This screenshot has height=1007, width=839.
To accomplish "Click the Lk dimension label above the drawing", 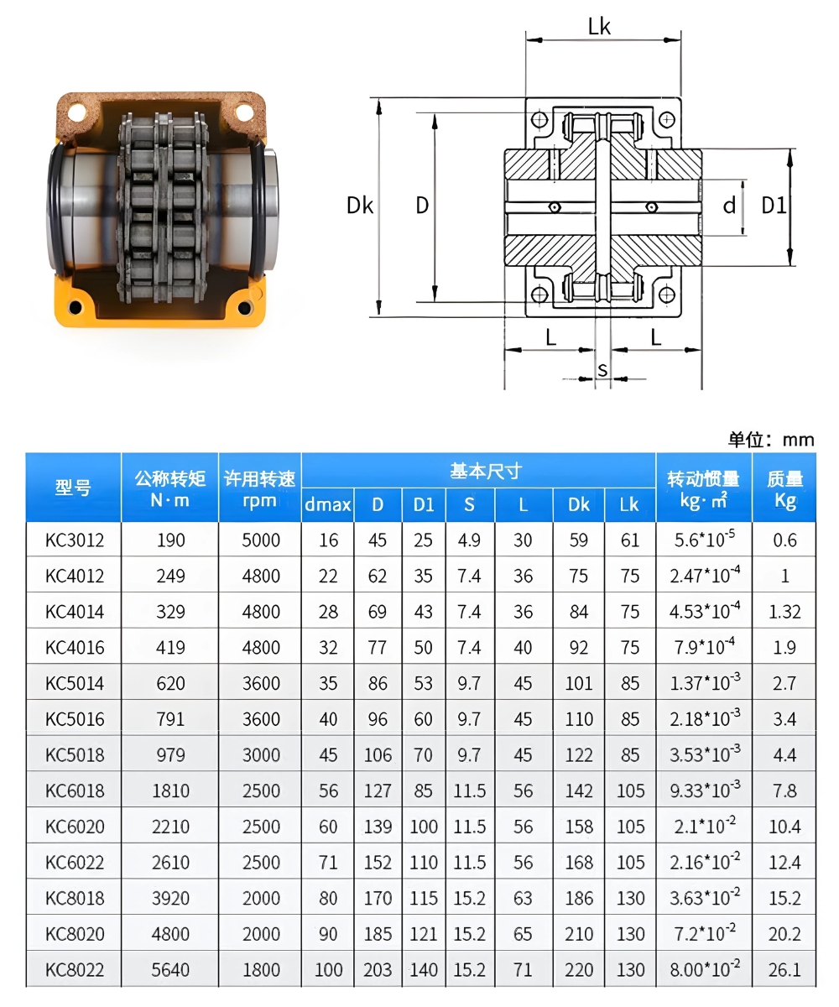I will pos(599,27).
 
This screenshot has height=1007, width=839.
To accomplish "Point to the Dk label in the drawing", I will pos(360,205).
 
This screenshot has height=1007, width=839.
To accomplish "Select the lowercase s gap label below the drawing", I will pos(602,369).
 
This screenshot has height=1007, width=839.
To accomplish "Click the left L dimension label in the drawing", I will pos(550,337).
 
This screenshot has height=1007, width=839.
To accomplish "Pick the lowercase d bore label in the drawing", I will pos(729,205).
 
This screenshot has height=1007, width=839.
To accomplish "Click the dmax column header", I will pos(328,504).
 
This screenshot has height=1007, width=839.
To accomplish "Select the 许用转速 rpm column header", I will pos(260,488).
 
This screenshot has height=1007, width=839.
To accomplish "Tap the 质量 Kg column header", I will pos(784,488).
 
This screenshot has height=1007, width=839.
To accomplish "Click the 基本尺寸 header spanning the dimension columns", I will pos(478,471).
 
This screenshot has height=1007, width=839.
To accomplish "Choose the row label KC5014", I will pos(75,683).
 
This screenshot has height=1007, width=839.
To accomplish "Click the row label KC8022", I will pos(75,969).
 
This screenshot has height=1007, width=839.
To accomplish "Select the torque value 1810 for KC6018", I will pos(171,790).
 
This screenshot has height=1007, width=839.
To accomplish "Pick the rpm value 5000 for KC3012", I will pos(260,540).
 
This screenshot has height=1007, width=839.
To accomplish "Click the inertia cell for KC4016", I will pos(703,647).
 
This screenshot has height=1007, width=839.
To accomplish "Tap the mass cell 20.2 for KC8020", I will pos(784,933).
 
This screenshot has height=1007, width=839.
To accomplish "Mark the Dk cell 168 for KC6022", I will pos(579,862).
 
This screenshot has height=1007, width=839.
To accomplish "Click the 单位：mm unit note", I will pos(770,439).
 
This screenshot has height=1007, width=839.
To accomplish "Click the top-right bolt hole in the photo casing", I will pos(243,111).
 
